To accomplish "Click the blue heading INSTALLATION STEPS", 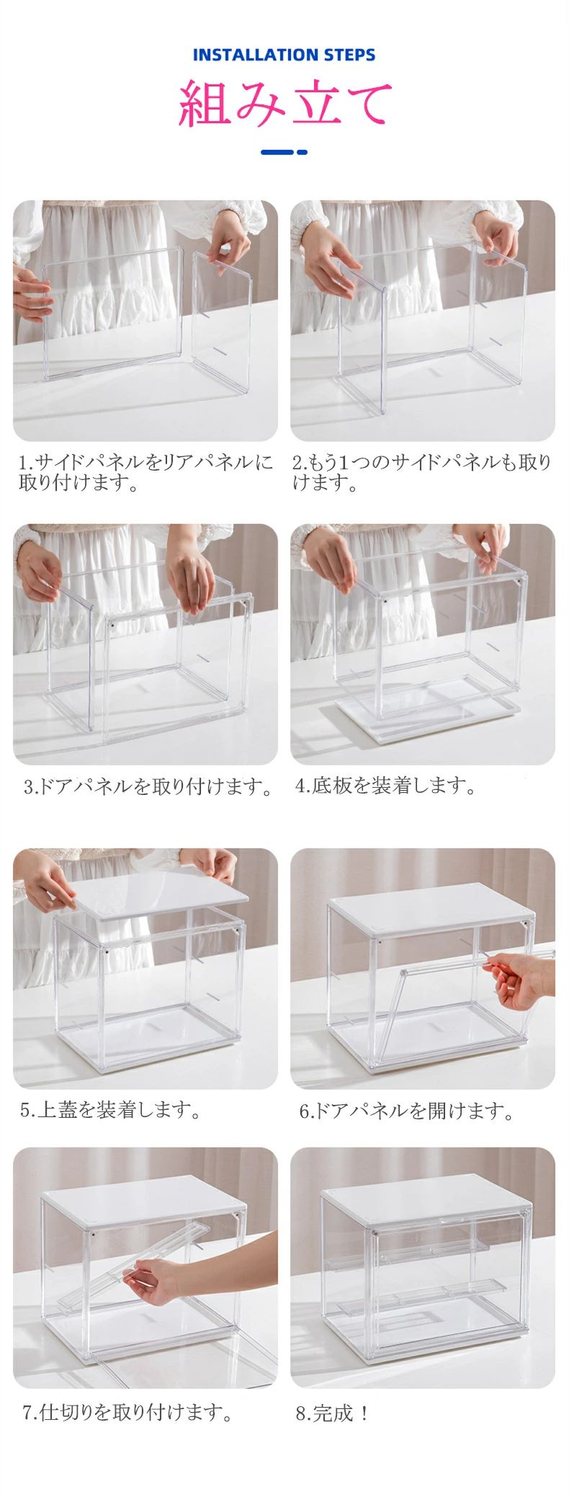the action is click(x=284, y=55).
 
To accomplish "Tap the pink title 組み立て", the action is click(x=285, y=103).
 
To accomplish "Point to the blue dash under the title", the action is click(x=284, y=152).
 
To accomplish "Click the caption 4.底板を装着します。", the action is click(x=385, y=786).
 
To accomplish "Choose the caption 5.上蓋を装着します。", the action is click(x=110, y=1109).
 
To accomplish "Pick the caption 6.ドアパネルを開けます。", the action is click(x=406, y=1111).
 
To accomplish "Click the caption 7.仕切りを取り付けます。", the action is click(x=127, y=1413).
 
